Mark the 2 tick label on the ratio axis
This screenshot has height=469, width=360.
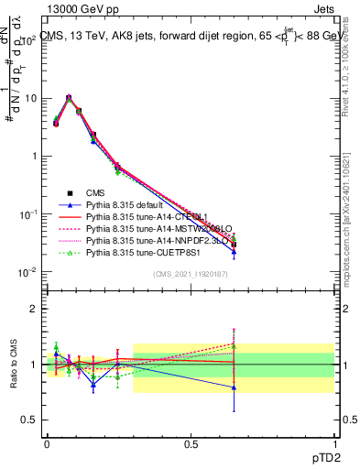tap(34, 309)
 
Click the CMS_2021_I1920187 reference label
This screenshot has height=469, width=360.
tap(191, 274)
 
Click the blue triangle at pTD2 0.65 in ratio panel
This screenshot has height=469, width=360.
tap(235, 387)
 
